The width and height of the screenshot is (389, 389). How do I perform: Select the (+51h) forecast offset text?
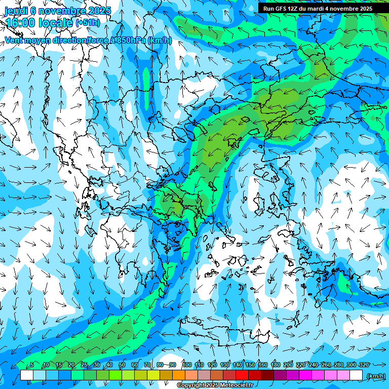tap(88, 23)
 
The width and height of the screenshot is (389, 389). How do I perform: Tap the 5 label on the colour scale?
tap(31, 365)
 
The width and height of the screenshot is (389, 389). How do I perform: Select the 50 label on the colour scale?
tap(122, 365)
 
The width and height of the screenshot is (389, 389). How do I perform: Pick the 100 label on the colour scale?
tap(186, 365)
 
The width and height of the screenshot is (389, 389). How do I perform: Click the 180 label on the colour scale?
tap(275, 365)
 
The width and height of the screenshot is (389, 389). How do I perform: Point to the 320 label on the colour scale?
tap(364, 365)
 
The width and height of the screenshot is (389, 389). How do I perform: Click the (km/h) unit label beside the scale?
tap(375, 376)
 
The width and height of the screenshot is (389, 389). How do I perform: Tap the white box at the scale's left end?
tap(27, 375)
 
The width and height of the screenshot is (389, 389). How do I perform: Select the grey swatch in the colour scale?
tap(204, 375)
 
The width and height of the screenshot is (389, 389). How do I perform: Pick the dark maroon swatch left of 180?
tap(267, 375)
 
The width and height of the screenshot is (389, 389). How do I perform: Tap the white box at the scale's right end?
tap(356, 375)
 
